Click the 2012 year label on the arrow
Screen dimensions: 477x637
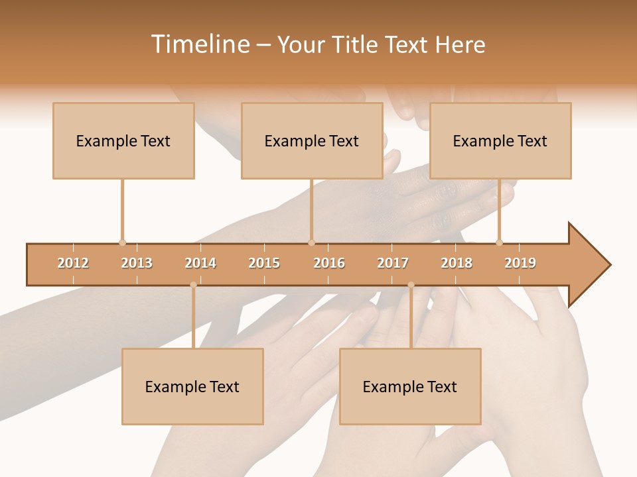pos(73,263)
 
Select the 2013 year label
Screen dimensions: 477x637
pos(137,263)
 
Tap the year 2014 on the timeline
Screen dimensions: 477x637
pos(200,263)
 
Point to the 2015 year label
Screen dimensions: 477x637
pos(264,263)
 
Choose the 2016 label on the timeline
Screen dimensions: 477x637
pos(329,263)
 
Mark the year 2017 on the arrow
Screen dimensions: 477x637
pos(393,263)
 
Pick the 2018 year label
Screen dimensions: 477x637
pos(457,263)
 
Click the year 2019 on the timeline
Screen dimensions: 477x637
pos(520,263)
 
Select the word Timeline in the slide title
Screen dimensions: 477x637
pos(199,44)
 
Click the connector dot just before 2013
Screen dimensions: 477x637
pos(122,242)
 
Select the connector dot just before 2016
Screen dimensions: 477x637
pos(311,242)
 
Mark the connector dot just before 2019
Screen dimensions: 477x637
pos(500,242)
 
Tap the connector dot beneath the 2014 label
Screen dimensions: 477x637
pos(193,285)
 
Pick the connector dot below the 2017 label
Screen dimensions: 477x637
pos(411,285)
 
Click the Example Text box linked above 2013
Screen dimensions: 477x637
pos(123,140)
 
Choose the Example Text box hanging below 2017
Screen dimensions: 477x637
pos(410,386)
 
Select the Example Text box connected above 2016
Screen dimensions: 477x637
pos(312,140)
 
